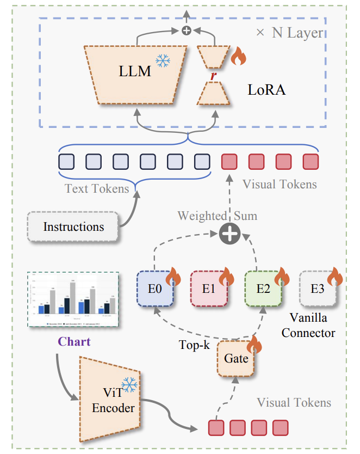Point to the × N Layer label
pos(289,33)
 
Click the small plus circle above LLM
pos(187,31)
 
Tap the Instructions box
pos(73,226)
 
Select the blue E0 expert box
pos(154,289)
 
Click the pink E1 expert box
pos(208,289)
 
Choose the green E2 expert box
pos(263,289)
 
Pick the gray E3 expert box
pos(317,289)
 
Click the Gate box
pos(235,358)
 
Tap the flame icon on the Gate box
pos(253,346)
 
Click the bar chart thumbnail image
pos(73,299)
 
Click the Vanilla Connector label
pos(308,325)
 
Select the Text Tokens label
pos(97,189)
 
